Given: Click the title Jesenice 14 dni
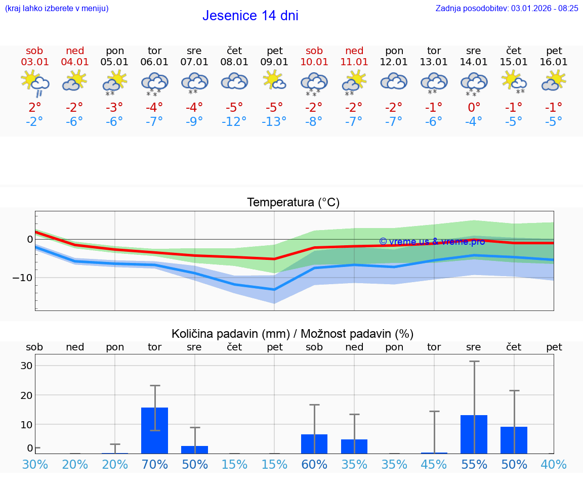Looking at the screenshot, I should pos(250,16).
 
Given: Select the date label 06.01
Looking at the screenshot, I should pos(154,62).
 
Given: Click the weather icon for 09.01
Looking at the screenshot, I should pos(274,81).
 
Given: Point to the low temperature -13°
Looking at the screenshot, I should pos(274,122).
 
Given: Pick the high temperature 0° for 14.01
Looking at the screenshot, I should pos(474,107).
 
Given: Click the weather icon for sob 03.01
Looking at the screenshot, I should pos(34,82).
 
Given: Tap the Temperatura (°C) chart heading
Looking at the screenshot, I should pos(293,203).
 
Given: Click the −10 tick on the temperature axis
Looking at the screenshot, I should pos(23,278).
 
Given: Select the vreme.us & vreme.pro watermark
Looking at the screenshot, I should pos(432,242).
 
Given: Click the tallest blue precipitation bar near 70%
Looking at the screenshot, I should pos(154,430).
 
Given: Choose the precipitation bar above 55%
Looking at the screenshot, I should pos(474,434).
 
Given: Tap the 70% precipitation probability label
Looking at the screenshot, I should pos(154,464).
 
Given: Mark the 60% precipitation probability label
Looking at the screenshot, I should pos(314,464).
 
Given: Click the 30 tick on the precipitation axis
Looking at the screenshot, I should pos(26,366).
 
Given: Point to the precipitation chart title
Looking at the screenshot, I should pos(292,334).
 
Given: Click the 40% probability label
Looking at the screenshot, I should pos(554,464).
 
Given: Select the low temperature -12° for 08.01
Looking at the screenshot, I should pos(234,122).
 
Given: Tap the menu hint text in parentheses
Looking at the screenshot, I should pos(57,8).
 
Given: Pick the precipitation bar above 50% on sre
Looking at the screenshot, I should pos(194,450).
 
